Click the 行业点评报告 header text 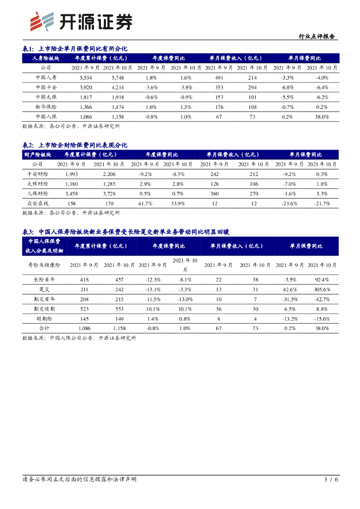(x=316, y=36)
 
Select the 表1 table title (x=75, y=49)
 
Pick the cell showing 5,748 (x=118, y=78)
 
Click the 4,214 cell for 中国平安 (x=118, y=87)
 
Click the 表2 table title (x=75, y=145)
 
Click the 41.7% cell (x=145, y=203)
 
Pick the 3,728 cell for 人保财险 (x=112, y=193)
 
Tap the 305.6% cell (x=322, y=289)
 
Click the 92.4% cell (x=322, y=280)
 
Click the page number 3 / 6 (x=331, y=480)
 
